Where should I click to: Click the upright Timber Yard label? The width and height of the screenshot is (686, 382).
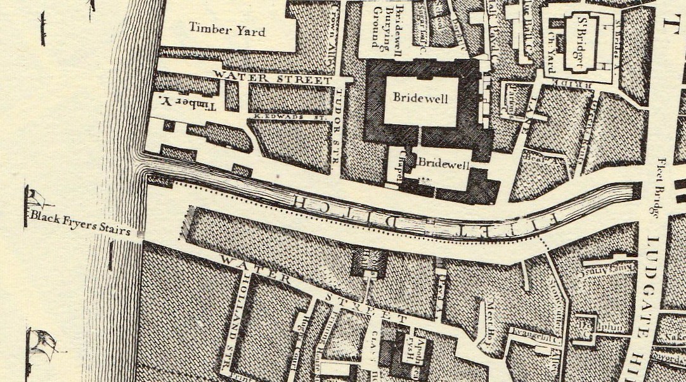227,29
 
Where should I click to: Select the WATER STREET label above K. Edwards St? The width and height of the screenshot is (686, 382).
273,79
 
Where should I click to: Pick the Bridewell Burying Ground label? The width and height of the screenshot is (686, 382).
384,31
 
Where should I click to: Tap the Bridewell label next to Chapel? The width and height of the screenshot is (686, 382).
443,165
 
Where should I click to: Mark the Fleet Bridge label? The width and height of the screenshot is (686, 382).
660,187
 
